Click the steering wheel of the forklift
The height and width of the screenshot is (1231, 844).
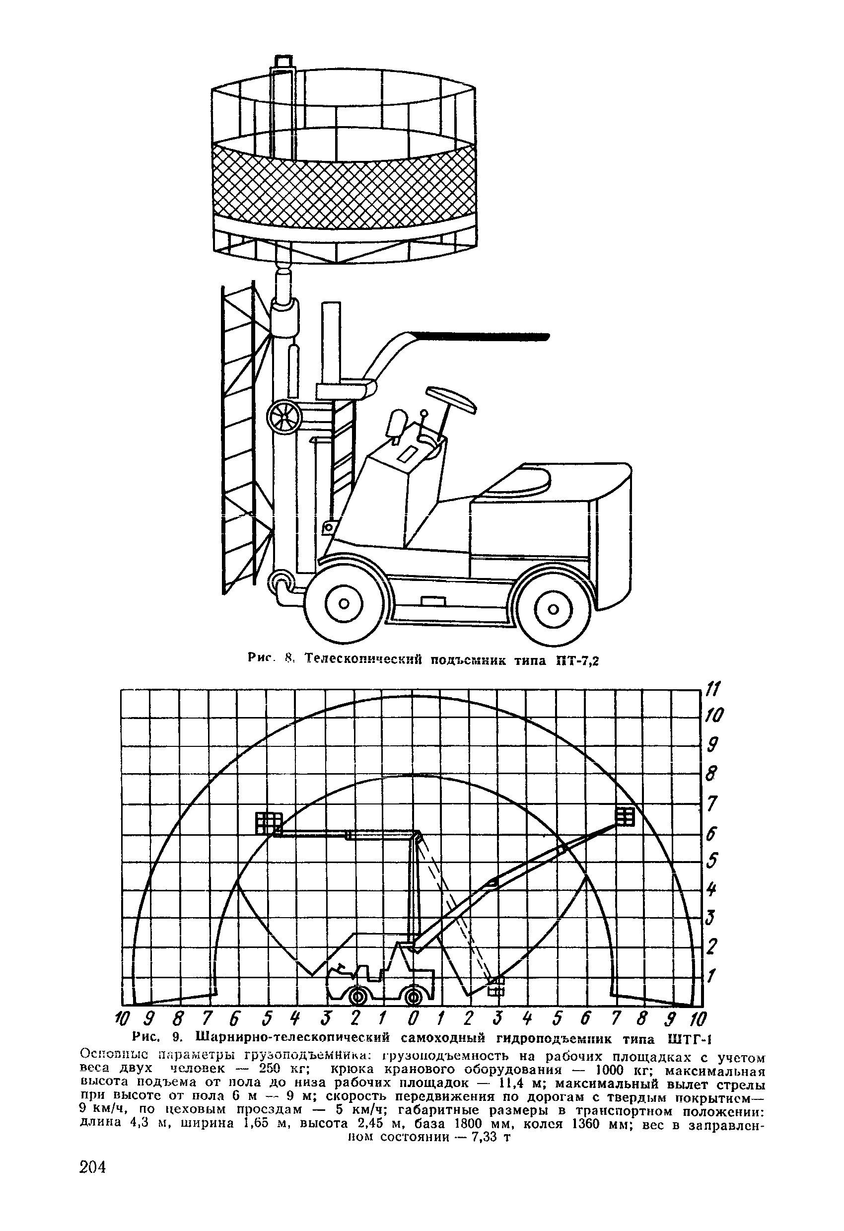(x=452, y=398)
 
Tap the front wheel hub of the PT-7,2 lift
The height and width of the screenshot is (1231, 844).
(x=344, y=604)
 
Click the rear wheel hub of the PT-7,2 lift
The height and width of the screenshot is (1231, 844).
(x=553, y=609)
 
